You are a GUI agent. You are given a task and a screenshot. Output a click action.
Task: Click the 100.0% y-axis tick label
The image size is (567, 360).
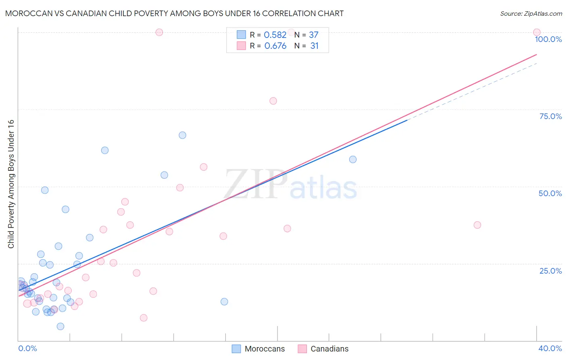click(x=548, y=39)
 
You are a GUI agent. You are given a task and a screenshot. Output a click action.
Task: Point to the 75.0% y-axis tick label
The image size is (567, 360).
click(x=550, y=116)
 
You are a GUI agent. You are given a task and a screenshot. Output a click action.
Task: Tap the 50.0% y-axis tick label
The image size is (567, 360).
click(x=550, y=193)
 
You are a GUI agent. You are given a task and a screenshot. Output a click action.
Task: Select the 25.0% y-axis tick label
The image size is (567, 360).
click(x=550, y=271)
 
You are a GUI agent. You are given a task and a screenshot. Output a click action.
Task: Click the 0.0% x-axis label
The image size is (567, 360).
click(x=27, y=348)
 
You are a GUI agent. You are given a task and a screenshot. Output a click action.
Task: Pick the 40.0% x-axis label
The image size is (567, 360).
click(x=550, y=348)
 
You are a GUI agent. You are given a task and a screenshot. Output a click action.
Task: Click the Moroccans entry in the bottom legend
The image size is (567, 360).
click(x=264, y=349)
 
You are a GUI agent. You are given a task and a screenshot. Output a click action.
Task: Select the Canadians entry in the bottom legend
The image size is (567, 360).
click(x=329, y=349)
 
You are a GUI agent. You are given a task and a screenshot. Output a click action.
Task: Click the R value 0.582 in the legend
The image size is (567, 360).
click(x=275, y=35)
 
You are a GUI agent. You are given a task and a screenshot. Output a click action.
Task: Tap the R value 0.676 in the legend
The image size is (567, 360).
click(x=275, y=46)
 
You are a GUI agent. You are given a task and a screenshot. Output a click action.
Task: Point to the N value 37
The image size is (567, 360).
click(x=314, y=35)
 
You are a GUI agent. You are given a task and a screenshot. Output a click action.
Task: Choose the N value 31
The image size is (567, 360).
click(x=315, y=46)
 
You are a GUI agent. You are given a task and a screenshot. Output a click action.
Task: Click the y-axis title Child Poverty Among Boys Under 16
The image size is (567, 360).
click(x=11, y=184)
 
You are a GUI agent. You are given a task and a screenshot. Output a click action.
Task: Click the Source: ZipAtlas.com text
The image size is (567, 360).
click(x=531, y=13)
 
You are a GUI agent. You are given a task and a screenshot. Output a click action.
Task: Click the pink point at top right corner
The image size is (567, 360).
click(x=537, y=32)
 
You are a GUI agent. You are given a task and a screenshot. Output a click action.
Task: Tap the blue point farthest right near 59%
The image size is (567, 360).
click(x=353, y=159)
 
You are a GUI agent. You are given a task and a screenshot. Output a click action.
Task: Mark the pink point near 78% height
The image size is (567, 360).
click(x=273, y=101)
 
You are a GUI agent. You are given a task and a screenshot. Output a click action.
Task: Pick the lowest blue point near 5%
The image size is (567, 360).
click(x=60, y=327)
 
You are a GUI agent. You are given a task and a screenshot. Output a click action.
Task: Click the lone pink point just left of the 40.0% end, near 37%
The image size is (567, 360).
click(x=477, y=225)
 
